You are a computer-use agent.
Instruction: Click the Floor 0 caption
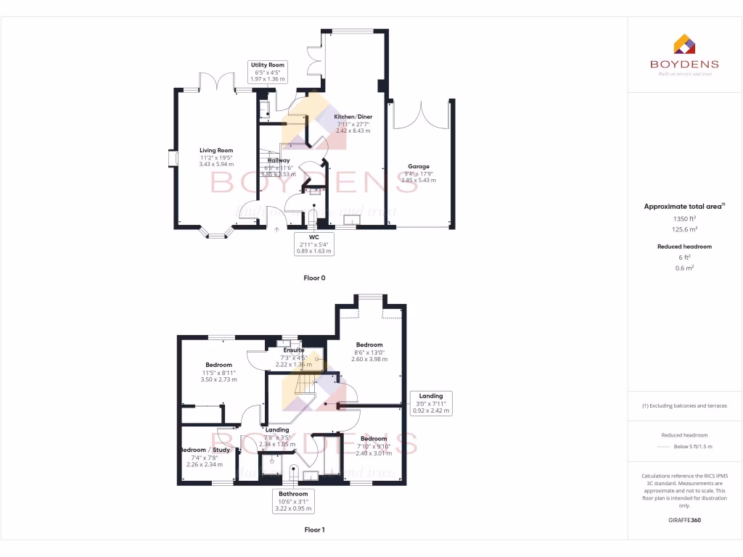[x=314, y=278]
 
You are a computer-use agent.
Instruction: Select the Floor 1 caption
[x=314, y=530]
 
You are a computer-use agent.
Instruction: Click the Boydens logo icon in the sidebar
[x=684, y=44]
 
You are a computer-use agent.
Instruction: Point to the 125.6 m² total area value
[x=684, y=229]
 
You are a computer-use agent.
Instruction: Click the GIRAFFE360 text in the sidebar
[x=684, y=520]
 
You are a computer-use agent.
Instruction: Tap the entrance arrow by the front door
[x=276, y=231]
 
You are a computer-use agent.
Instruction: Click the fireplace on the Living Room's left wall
[x=172, y=158]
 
